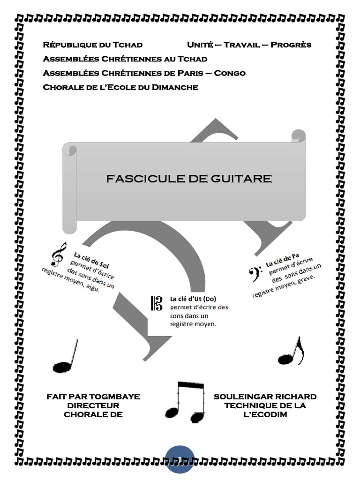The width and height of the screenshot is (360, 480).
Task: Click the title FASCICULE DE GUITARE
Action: click(x=188, y=179)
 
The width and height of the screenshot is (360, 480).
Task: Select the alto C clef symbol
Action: click(x=157, y=303)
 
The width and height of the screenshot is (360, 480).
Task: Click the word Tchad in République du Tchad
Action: click(x=127, y=45)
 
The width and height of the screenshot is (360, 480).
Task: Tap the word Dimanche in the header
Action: click(x=175, y=87)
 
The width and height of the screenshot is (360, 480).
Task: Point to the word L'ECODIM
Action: click(x=265, y=415)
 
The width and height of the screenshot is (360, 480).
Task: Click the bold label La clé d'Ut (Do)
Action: click(x=193, y=299)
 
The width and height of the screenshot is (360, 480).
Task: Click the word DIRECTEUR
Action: click(x=93, y=405)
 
